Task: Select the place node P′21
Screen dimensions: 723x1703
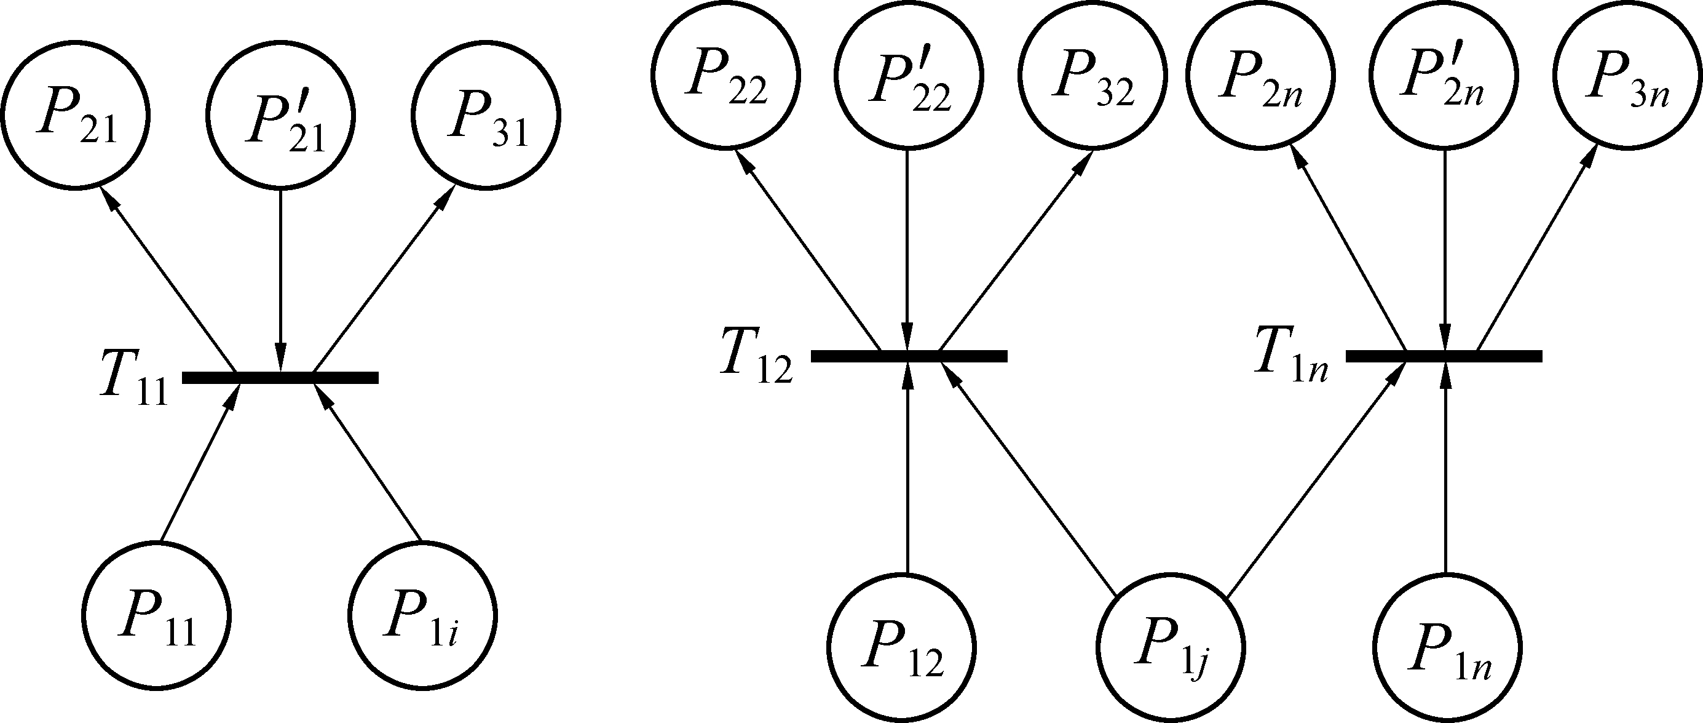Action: click(x=281, y=115)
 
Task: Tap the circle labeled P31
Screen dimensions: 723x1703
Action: click(x=486, y=115)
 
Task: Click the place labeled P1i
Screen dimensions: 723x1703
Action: click(x=423, y=617)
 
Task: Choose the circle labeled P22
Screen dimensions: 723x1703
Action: click(x=725, y=76)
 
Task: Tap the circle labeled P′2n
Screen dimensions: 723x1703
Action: click(x=1445, y=76)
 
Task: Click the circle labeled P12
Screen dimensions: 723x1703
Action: click(x=903, y=647)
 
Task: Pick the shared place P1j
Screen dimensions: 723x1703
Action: click(x=1171, y=647)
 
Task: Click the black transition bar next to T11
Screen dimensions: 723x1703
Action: click(x=280, y=378)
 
